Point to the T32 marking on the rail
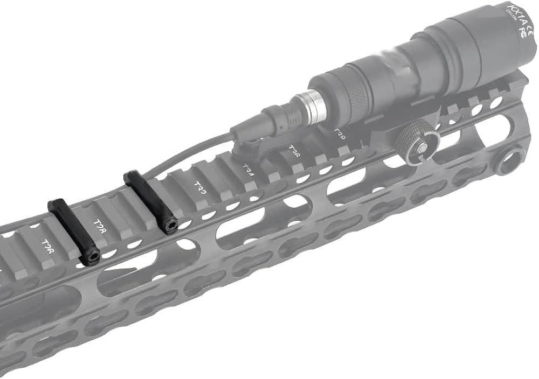[x=201, y=187]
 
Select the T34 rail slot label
[x=247, y=169]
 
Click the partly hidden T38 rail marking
[x=340, y=132]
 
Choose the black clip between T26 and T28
[x=71, y=230]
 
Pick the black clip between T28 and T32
[x=149, y=200]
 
